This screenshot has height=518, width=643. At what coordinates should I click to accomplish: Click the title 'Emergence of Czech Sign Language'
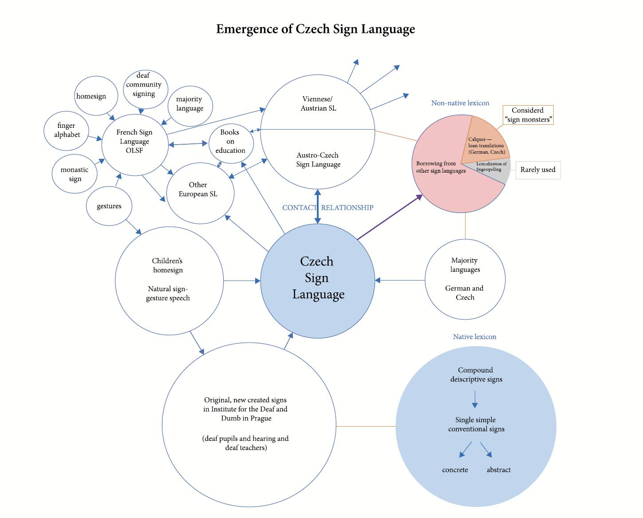[x=316, y=29]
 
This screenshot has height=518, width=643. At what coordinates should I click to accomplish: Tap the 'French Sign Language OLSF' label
[x=134, y=141]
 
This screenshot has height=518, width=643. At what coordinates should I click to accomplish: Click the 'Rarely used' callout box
[x=538, y=170]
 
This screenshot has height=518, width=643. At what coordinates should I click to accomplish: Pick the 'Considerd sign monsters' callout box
[x=528, y=115]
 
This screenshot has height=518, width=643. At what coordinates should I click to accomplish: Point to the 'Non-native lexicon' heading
[x=460, y=103]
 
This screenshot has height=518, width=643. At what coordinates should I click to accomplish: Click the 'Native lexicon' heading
[x=474, y=336]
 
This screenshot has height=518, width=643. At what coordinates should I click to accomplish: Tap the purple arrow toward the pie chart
[x=390, y=217]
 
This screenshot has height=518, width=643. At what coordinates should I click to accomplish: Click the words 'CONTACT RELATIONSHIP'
[x=328, y=207]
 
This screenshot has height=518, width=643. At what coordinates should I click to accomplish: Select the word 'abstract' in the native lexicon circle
[x=499, y=470]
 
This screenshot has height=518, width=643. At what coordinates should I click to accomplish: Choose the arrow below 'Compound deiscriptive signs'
[x=475, y=399]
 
